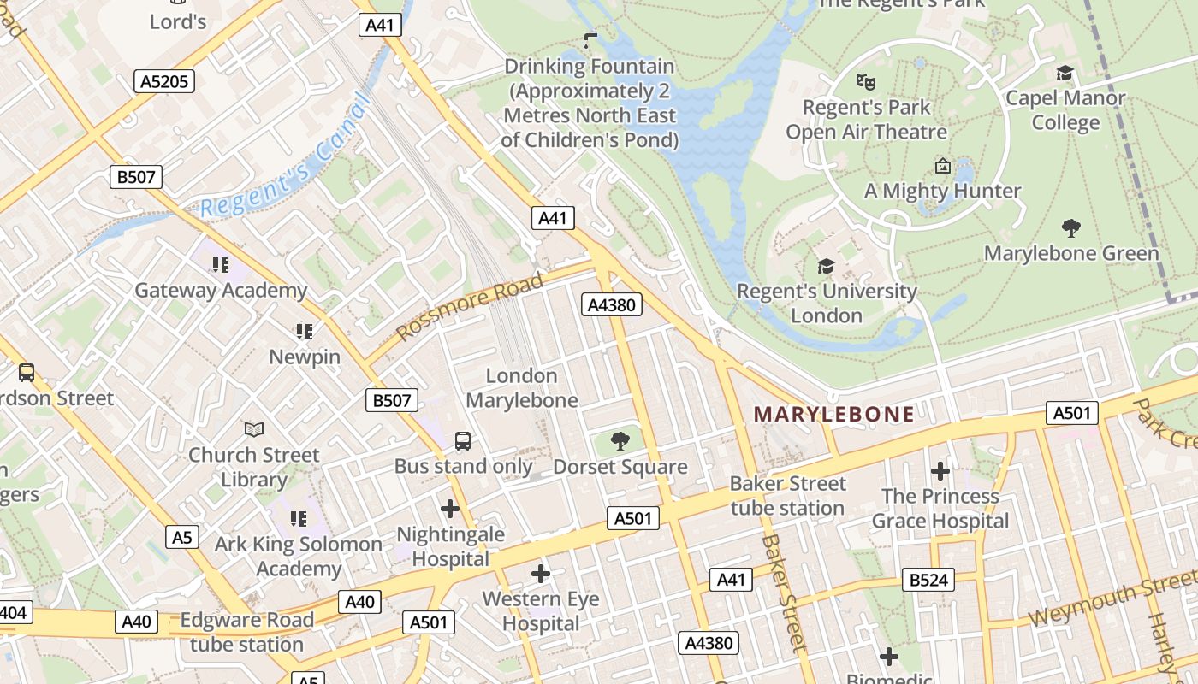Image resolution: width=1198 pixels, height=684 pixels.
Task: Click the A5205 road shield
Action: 164,81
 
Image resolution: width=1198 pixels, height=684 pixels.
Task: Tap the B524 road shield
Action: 928,581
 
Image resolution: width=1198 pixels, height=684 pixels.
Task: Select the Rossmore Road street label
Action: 471,306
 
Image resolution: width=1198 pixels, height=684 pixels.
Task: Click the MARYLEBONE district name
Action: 833,415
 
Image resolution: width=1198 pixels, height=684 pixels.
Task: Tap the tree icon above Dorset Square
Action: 620,441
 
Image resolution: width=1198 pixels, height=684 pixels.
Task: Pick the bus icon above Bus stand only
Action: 462,441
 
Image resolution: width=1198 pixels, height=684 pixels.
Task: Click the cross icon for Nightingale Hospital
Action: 450,509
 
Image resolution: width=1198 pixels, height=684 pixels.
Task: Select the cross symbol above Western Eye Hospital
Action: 540,574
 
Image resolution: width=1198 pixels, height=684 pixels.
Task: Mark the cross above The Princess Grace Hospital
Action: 940,471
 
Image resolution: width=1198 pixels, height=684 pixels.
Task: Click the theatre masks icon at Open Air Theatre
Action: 866,82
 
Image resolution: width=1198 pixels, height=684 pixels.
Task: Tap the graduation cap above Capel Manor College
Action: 1065,74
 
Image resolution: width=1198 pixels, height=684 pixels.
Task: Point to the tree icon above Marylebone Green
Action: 1070,228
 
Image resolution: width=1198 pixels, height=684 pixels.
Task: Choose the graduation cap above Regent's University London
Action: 826,266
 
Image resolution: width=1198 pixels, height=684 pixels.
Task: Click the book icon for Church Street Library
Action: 254,429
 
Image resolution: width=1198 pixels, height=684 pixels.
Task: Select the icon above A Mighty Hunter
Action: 942,166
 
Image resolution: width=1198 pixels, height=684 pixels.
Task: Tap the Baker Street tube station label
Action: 787,496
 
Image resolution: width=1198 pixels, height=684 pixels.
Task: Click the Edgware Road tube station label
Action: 246,632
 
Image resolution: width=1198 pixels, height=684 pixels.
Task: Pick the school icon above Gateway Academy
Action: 221,265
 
